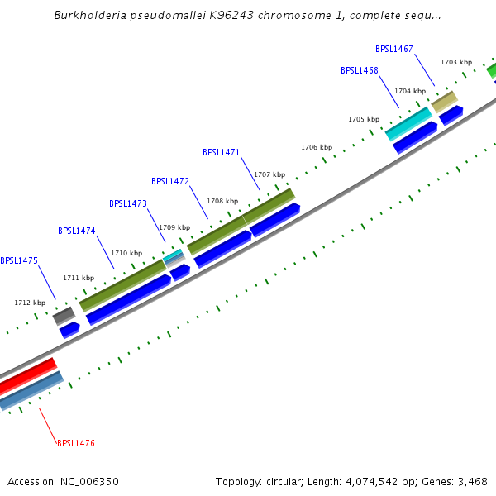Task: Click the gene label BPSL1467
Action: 393,50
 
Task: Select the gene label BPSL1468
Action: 359,71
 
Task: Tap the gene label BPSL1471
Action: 221,152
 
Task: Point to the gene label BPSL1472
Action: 170,181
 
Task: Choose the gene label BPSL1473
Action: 128,203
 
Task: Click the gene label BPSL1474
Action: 77,231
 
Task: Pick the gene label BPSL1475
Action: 19,260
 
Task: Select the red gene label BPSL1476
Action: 76,444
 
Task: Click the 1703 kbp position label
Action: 455,62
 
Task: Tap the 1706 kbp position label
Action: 316,147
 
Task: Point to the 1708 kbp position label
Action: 222,201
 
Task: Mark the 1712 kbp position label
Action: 29,303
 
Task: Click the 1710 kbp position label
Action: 126,253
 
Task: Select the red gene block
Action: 27,376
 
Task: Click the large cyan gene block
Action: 408,123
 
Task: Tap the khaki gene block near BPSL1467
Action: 444,102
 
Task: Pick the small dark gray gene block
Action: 64,315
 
